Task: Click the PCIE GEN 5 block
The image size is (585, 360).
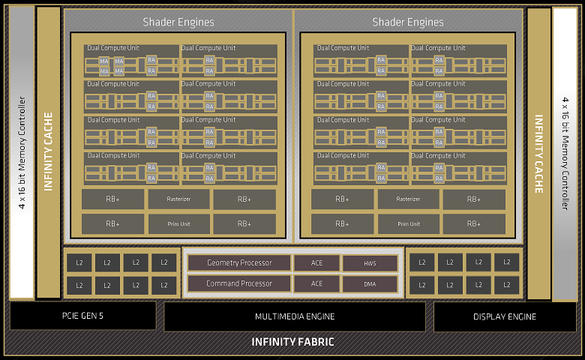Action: tap(82, 316)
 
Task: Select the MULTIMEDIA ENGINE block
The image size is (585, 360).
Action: tap(294, 316)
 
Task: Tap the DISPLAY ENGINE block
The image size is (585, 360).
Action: tap(505, 316)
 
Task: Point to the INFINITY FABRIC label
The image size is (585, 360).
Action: tap(292, 343)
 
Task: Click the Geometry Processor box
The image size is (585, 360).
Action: tap(239, 262)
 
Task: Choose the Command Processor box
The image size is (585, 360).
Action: tap(239, 283)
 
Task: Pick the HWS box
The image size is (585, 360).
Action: tap(370, 263)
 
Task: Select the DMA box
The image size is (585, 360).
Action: tap(370, 284)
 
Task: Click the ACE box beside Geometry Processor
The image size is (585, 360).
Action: tap(316, 262)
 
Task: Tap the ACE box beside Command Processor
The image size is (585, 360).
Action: tap(316, 283)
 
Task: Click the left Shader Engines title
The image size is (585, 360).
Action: tap(178, 22)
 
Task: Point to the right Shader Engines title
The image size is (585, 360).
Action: tap(408, 22)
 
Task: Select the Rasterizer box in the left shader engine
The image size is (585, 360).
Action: tap(178, 199)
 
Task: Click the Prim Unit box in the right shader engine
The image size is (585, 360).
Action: tap(408, 223)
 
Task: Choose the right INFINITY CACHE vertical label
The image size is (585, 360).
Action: tap(538, 154)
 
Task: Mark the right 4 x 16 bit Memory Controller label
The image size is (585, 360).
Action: tap(565, 154)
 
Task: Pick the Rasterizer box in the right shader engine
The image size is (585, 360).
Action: tap(408, 199)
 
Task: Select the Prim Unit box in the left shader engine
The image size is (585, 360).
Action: tap(178, 223)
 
